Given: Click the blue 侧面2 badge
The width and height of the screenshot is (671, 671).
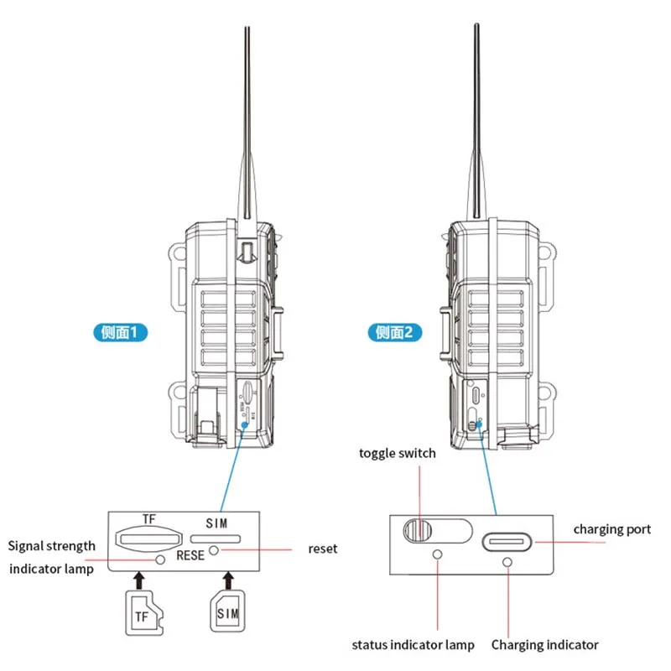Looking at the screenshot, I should pos(394,333).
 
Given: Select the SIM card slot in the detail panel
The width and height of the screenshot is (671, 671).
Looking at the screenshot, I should pos(216,537).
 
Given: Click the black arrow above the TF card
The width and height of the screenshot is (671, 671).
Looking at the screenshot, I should pos(139,579).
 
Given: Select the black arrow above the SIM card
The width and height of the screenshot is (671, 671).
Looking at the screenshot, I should pos(227,579).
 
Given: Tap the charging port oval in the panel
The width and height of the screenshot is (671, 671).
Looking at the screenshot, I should pos(507,540).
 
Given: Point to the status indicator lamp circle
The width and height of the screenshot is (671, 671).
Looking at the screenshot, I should pos(436,554).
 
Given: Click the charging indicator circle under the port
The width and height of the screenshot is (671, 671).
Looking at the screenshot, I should pos(507,559).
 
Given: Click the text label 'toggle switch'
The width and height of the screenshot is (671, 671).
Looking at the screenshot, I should pos(398,453).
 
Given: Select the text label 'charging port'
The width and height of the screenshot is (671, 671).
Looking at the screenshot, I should pos(611,529).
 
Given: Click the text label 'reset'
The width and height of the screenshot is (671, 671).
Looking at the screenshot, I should pos(323,549).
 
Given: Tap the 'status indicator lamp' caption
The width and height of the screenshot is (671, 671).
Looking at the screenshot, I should pos(413,645).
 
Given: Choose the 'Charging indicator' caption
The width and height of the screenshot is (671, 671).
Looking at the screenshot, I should pos(545,645).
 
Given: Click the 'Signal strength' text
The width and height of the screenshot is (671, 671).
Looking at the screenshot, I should pos(52,546).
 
